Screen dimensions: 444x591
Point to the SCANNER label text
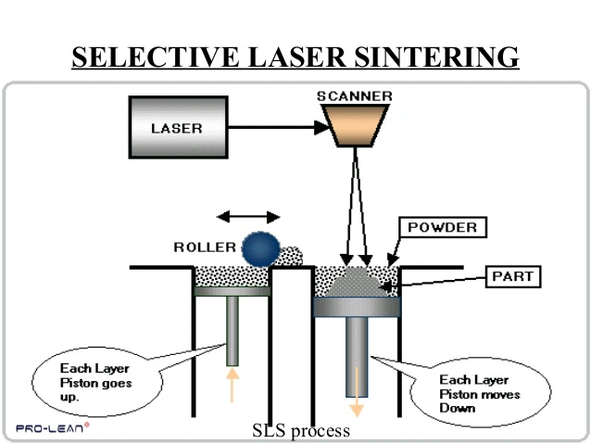click(x=354, y=95)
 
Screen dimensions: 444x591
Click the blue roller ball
click(x=260, y=248)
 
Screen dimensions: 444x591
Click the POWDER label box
click(x=442, y=227)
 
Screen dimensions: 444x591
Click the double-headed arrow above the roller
click(x=247, y=217)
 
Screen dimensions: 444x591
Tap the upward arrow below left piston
click(x=232, y=383)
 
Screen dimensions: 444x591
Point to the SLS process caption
click(x=301, y=431)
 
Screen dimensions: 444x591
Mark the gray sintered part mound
click(x=357, y=280)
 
